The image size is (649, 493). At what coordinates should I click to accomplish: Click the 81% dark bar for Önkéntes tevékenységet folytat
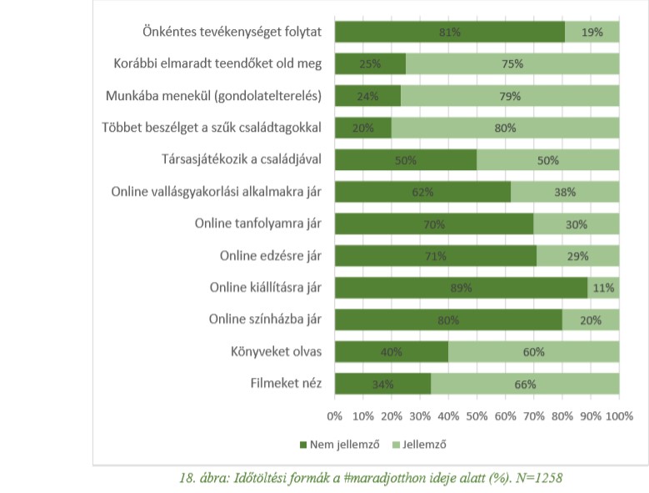[449, 32]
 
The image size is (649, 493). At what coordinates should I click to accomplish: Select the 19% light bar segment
[592, 32]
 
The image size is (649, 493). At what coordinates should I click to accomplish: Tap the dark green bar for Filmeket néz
[382, 384]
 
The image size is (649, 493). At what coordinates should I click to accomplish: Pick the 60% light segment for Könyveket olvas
[534, 352]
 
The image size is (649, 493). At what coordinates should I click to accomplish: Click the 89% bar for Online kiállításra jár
[461, 288]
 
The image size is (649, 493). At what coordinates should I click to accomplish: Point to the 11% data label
[604, 288]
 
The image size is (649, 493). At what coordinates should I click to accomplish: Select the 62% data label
[422, 192]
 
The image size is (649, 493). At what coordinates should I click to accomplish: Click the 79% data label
[510, 96]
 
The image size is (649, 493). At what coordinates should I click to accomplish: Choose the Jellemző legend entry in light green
[422, 444]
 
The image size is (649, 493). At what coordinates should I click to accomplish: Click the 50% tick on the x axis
[477, 415]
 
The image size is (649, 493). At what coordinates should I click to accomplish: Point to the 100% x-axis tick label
[618, 415]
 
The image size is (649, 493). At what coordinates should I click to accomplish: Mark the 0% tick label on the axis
[335, 415]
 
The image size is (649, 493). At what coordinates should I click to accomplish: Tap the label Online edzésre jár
[272, 255]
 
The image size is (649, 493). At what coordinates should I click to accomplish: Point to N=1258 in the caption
[546, 477]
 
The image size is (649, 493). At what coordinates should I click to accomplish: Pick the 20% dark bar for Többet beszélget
[363, 128]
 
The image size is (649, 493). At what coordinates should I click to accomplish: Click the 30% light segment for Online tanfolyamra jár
[577, 224]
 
